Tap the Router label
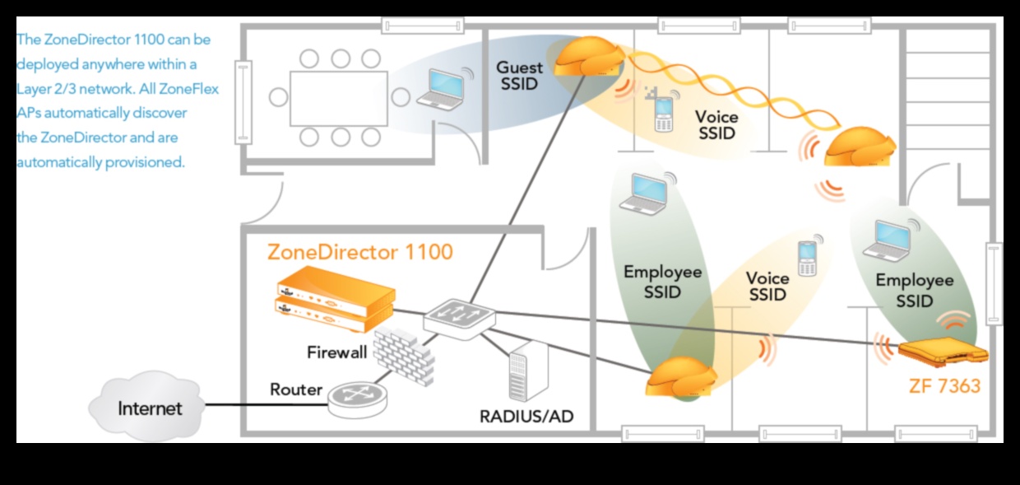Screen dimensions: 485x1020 point(295,389)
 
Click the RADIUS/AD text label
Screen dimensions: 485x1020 point(526,417)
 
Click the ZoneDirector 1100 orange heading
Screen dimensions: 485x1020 point(359,251)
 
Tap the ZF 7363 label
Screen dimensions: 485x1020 point(945,385)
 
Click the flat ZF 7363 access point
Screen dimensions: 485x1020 point(942,350)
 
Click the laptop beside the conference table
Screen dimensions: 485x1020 point(440,88)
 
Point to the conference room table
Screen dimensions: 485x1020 point(339,98)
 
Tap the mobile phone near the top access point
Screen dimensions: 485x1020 point(663,114)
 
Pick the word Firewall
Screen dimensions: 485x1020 point(337,353)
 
